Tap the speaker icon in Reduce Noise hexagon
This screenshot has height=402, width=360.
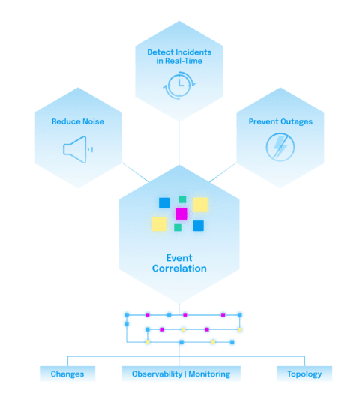76,149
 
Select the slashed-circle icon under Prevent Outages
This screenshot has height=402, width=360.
280,147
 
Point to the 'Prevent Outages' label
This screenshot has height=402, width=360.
280,121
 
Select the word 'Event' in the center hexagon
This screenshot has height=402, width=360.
179,257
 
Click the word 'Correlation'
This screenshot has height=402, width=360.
179,268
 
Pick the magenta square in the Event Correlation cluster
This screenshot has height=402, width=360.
181,214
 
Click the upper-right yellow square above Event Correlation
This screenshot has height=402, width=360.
200,205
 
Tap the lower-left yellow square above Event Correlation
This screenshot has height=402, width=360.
159,223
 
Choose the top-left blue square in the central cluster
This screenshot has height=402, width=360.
164,202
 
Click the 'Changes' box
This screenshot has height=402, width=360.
67,373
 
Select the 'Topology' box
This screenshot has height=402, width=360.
304,373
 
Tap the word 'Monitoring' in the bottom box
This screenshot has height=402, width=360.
210,373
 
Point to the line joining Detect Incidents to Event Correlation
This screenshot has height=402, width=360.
180,142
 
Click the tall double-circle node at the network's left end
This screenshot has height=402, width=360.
127,319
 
